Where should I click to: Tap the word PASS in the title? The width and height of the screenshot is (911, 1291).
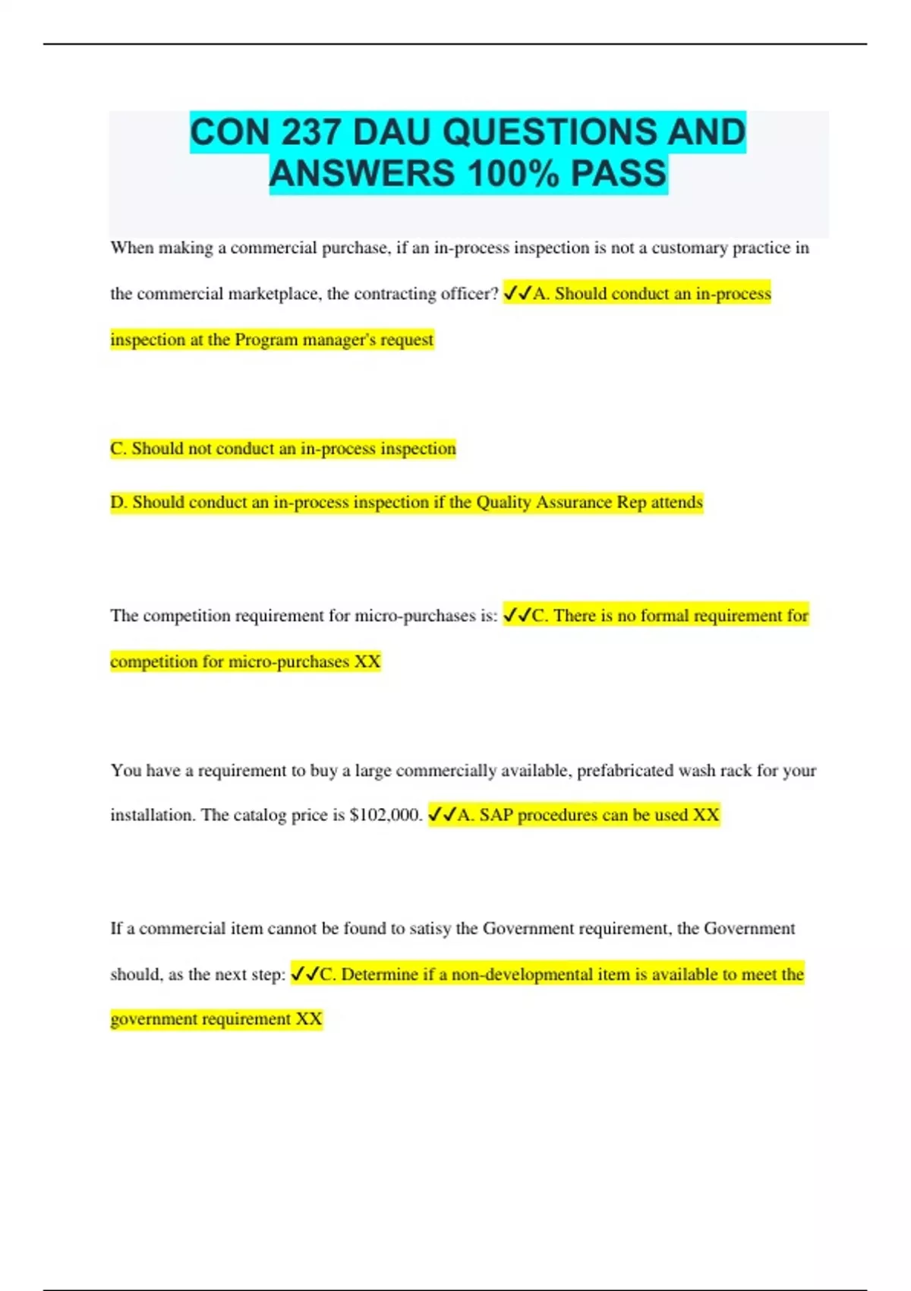pyautogui.click(x=618, y=173)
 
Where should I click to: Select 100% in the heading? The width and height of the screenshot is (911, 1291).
pyautogui.click(x=512, y=173)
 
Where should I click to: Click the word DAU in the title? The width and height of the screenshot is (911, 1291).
pyautogui.click(x=392, y=132)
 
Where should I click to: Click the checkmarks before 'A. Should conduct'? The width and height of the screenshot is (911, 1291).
pyautogui.click(x=517, y=293)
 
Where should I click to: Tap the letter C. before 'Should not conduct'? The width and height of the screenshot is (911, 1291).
pyautogui.click(x=118, y=449)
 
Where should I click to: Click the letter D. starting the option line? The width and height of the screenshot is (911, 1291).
pyautogui.click(x=119, y=502)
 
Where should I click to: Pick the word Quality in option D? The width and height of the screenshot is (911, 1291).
pyautogui.click(x=503, y=502)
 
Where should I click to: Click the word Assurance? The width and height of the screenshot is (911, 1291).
pyautogui.click(x=574, y=502)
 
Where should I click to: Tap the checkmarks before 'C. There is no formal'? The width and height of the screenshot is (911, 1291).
pyautogui.click(x=517, y=615)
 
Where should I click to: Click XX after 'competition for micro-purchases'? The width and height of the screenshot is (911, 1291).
pyautogui.click(x=367, y=661)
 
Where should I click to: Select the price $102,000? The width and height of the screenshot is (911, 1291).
pyautogui.click(x=386, y=815)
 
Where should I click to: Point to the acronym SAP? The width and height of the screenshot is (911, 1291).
pyautogui.click(x=496, y=815)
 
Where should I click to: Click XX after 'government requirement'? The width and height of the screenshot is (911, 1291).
pyautogui.click(x=309, y=1019)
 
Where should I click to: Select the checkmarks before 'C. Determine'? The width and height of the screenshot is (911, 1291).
pyautogui.click(x=304, y=974)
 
